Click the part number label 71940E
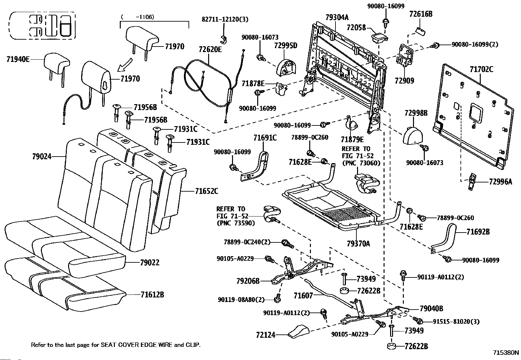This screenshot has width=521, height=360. click(x=18, y=59)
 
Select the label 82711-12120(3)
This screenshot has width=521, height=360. click(x=225, y=19)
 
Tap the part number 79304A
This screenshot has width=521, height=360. click(x=337, y=17)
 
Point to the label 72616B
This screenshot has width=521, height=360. click(x=421, y=14)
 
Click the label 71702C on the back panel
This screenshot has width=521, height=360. click(x=481, y=69)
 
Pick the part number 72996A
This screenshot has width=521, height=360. click(x=500, y=181)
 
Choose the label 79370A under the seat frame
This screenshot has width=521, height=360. click(x=358, y=244)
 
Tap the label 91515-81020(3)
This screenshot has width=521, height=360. click(x=456, y=322)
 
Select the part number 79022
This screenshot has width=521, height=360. click(x=150, y=262)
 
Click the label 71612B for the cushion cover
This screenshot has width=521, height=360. click(x=152, y=294)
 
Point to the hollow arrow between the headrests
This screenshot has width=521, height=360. click(x=125, y=65)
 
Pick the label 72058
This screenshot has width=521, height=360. click(x=356, y=28)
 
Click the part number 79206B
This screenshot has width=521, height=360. click(x=248, y=281)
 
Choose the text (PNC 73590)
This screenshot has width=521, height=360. click(x=236, y=223)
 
